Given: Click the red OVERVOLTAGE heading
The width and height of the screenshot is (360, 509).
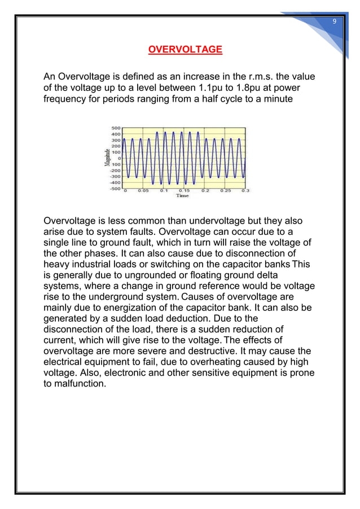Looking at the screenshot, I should (185, 50).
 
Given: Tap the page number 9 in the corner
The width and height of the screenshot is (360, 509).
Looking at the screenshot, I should (334, 21).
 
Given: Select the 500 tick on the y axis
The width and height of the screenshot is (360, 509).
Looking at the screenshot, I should (115, 128).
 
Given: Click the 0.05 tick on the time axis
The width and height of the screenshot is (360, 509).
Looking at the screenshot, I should (144, 192).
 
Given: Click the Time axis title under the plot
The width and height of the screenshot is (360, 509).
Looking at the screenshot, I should (183, 197).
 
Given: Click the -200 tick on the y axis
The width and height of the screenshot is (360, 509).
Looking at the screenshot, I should (115, 170).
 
